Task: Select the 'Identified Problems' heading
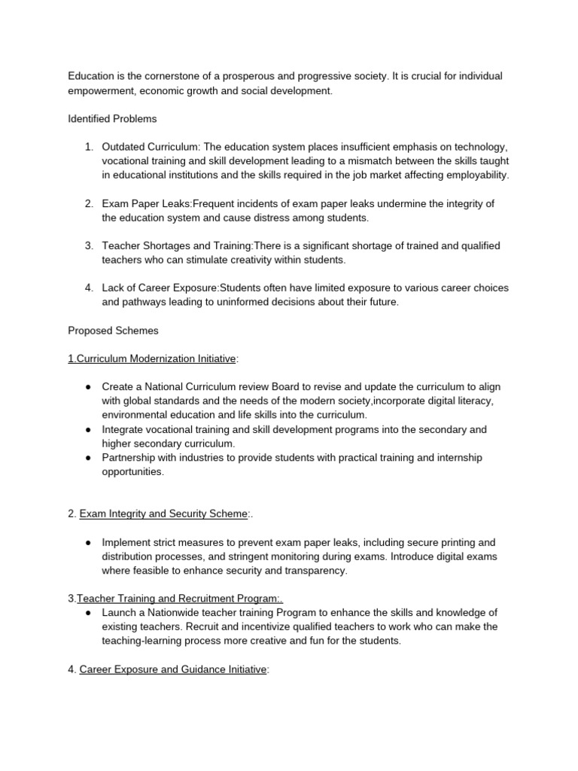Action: pos(112,119)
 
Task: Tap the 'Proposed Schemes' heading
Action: pos(112,331)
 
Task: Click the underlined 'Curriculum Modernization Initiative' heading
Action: pos(152,359)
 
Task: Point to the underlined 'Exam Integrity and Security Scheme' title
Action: pos(163,513)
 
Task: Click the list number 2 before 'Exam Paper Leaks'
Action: pos(89,204)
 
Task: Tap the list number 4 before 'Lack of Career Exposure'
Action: pos(89,288)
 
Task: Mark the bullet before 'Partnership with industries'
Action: pos(89,458)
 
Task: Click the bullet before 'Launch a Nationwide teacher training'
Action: pos(89,613)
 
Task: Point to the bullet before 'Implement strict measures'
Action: pos(89,542)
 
